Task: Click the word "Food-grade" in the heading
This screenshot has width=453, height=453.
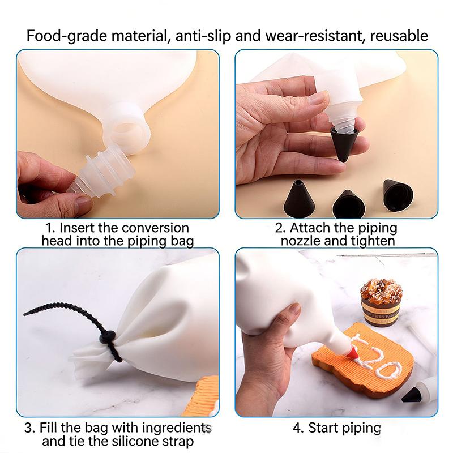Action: [x=67, y=36]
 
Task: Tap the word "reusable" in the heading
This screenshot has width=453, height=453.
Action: [x=399, y=36]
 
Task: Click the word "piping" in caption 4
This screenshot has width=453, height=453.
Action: [x=362, y=429]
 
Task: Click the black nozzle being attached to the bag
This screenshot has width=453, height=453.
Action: [x=344, y=144]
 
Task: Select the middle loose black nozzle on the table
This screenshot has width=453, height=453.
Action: [x=348, y=204]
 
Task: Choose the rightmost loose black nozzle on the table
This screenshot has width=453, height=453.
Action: [x=398, y=195]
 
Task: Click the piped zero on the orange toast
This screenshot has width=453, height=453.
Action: [x=388, y=370]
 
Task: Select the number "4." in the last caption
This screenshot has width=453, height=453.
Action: [x=298, y=428]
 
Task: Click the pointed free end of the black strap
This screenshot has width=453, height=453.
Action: [x=25, y=314]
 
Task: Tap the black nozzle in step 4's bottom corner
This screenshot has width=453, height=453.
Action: [x=412, y=394]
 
